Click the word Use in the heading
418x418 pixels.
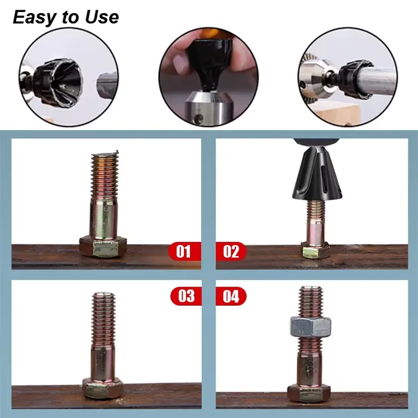[102, 17]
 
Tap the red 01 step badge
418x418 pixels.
[185, 251]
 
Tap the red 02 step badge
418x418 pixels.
[231, 251]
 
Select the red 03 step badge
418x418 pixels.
[186, 296]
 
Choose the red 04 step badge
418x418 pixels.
[231, 296]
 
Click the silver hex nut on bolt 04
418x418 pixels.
[311, 327]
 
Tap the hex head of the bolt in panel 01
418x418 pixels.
[103, 247]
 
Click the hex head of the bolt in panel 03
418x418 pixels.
[103, 388]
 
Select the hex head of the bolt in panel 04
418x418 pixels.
[309, 393]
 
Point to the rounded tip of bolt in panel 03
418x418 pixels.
[103, 295]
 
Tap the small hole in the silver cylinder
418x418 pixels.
[198, 118]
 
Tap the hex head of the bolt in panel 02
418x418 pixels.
[316, 251]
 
